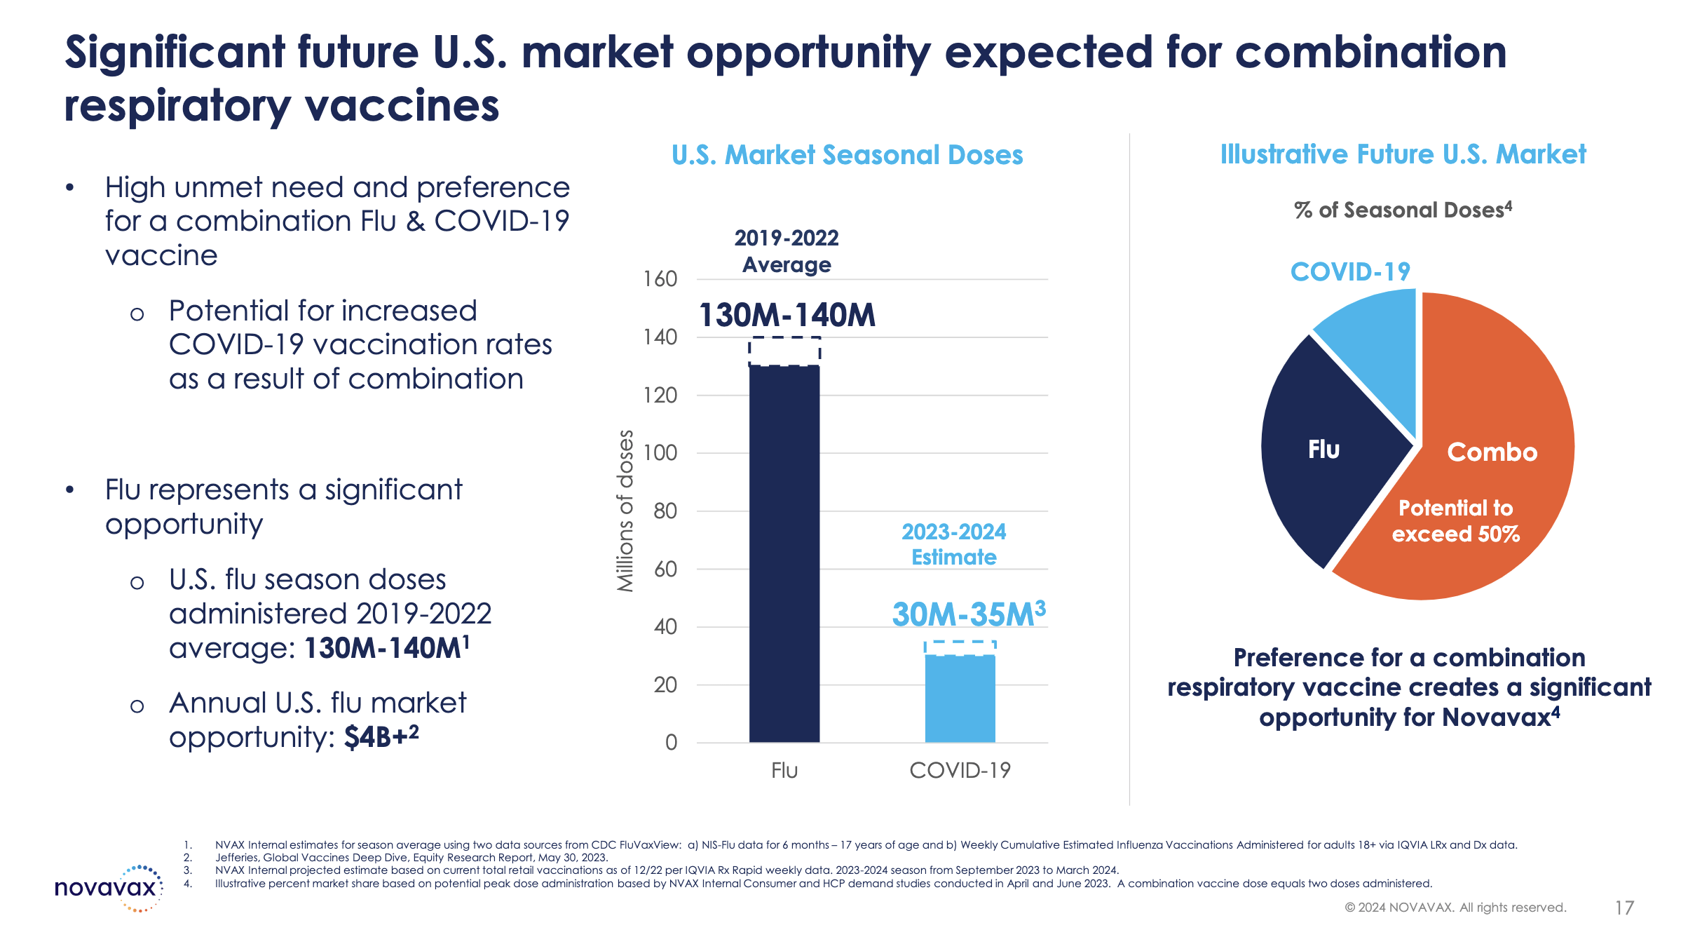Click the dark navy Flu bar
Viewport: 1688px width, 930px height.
pos(784,554)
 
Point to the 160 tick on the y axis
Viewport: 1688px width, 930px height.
pos(660,279)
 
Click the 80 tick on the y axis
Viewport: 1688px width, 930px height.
pos(665,511)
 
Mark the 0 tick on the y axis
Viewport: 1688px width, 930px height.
pos(671,743)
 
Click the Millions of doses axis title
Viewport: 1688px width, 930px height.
pos(625,511)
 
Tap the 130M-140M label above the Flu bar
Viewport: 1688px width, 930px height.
pos(787,315)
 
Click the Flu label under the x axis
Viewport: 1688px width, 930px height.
pos(784,771)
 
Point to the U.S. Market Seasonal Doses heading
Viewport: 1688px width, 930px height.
pos(847,155)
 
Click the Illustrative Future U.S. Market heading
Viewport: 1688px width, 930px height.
pos(1403,154)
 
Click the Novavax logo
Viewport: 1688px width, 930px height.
pos(109,889)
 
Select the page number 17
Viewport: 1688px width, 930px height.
pos(1624,908)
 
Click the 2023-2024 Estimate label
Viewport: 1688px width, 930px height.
pos(953,544)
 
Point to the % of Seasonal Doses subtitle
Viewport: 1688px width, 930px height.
pos(1403,210)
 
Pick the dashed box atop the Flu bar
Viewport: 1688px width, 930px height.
pos(784,351)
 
